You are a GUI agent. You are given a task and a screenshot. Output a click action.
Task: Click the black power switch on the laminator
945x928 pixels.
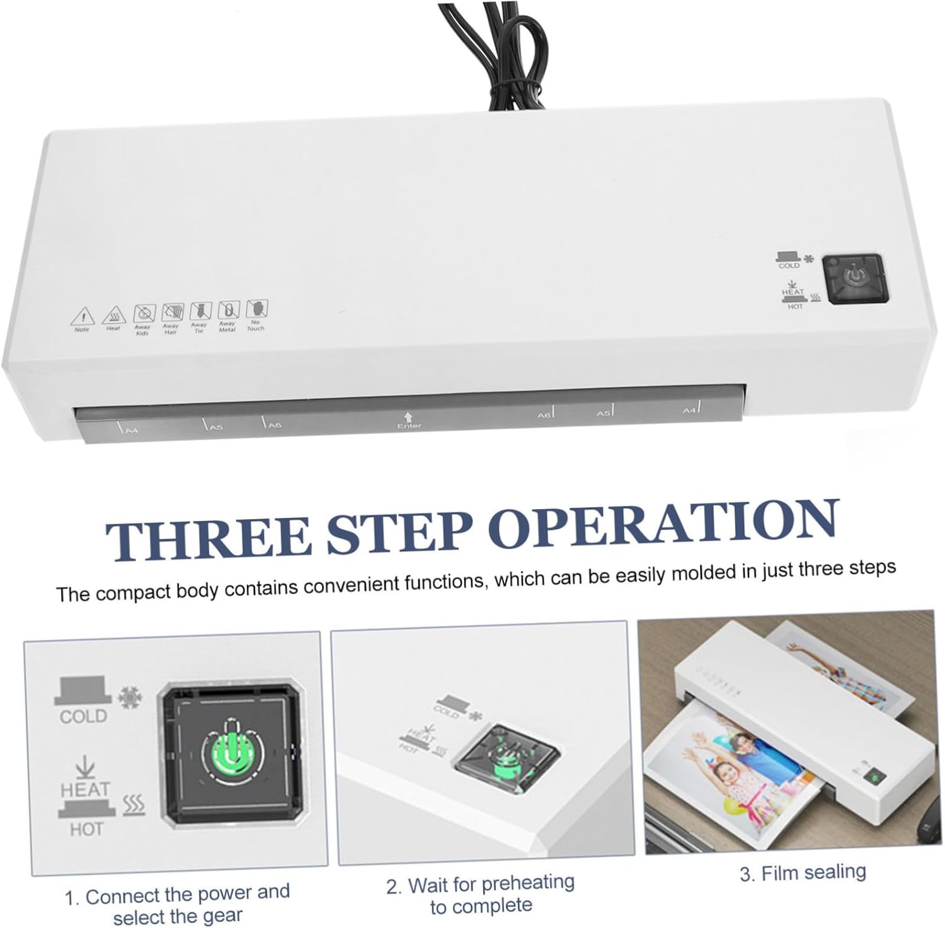(854, 279)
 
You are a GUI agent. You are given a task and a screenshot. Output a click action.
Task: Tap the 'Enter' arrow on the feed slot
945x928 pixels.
(408, 418)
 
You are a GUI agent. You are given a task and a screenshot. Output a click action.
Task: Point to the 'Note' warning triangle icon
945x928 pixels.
(82, 316)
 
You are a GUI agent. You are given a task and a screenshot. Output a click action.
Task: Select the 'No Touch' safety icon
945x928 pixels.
(256, 309)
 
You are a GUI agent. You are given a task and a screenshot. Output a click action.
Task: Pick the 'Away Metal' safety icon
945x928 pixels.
(228, 310)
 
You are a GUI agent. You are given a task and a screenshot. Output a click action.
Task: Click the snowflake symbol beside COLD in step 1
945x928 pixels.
(131, 699)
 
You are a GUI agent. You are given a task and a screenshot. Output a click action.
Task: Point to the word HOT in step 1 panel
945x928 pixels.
(86, 829)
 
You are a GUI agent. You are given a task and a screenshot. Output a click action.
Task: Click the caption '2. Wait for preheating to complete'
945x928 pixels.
(481, 895)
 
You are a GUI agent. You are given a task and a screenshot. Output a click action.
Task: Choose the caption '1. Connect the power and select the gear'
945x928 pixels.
(178, 904)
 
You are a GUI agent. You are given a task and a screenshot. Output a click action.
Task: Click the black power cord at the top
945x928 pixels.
(479, 57)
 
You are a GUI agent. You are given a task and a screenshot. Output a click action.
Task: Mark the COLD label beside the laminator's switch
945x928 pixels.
(789, 265)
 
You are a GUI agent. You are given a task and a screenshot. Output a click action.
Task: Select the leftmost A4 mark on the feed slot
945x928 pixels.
(129, 430)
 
